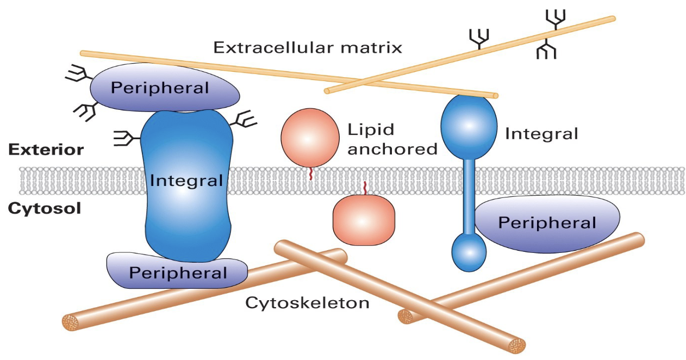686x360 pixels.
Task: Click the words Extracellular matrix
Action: [x=308, y=48]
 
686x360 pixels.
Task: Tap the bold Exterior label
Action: [x=46, y=150]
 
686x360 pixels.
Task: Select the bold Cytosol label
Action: [x=45, y=209]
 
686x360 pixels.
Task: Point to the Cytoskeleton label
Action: [x=307, y=303]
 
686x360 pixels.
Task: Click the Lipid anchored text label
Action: [x=392, y=139]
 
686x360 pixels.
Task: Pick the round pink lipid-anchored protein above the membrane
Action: [x=310, y=138]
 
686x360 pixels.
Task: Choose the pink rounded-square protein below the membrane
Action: [x=364, y=220]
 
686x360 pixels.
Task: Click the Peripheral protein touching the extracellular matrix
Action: [x=165, y=88]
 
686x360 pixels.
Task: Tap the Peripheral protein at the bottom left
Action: [x=177, y=271]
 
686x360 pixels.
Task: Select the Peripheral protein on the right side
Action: [x=547, y=224]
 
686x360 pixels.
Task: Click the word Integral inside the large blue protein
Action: [x=186, y=181]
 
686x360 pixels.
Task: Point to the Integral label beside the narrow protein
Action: [x=541, y=134]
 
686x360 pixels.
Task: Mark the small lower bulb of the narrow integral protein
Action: [x=469, y=252]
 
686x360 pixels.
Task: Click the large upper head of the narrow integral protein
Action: [x=469, y=126]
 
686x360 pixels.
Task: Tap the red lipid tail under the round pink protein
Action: [x=311, y=173]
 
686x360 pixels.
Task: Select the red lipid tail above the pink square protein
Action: [x=365, y=188]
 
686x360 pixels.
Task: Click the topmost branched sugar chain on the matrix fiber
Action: [x=556, y=19]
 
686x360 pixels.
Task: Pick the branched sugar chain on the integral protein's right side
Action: [x=244, y=120]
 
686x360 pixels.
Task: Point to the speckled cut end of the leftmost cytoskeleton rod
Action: [x=71, y=322]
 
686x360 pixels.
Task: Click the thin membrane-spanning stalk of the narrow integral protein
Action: [x=469, y=197]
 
